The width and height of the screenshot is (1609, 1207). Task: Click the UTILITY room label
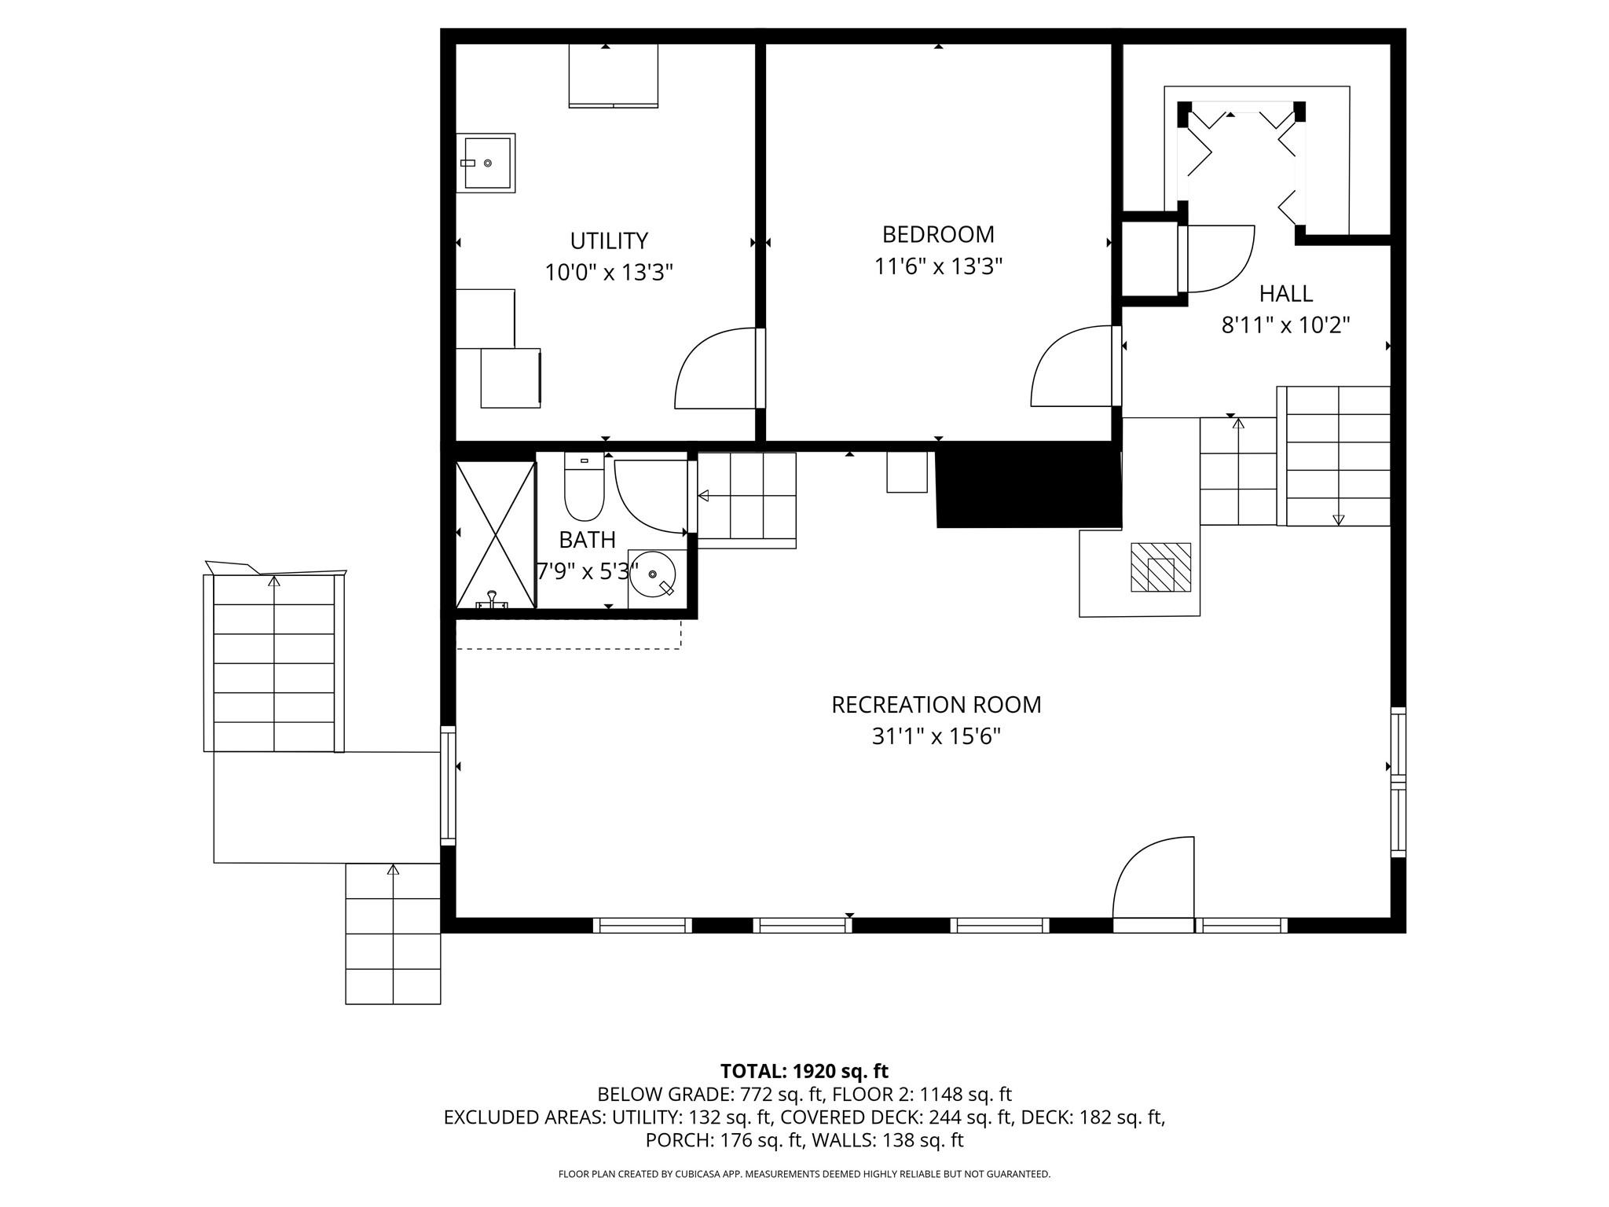(x=609, y=240)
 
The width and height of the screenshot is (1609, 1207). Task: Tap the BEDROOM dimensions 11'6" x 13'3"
(x=938, y=267)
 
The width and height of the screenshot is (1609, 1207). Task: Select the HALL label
(x=1285, y=294)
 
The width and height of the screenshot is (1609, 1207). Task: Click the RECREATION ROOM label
(x=936, y=705)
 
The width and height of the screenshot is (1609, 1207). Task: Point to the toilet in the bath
(x=584, y=491)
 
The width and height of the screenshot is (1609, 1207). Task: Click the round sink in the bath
(x=654, y=574)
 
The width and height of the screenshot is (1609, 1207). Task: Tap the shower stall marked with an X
(x=496, y=534)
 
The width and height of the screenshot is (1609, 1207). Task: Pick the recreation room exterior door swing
(x=1151, y=880)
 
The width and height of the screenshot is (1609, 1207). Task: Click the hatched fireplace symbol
(x=1160, y=567)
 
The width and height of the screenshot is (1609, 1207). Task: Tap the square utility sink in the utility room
(x=487, y=163)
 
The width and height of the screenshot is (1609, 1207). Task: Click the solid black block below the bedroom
(x=1028, y=486)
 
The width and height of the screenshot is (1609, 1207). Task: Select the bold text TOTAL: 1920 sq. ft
(x=804, y=1071)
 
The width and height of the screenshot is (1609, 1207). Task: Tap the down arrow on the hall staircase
(x=1338, y=519)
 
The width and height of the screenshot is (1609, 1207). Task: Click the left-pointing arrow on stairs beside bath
(x=703, y=495)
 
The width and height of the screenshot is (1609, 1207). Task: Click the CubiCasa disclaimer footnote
(x=804, y=1174)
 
